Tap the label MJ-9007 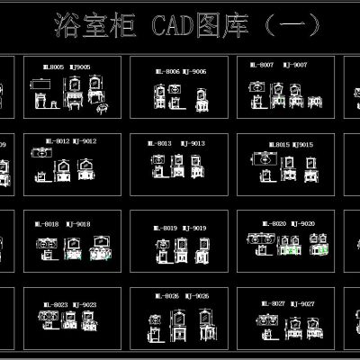click(x=295, y=66)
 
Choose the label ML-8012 click(x=56, y=141)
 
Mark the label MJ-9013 click(x=194, y=143)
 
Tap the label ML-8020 click(x=274, y=223)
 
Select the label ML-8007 click(x=264, y=66)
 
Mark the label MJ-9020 click(x=302, y=223)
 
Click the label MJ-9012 click(x=83, y=141)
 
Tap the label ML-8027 click(x=273, y=304)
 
